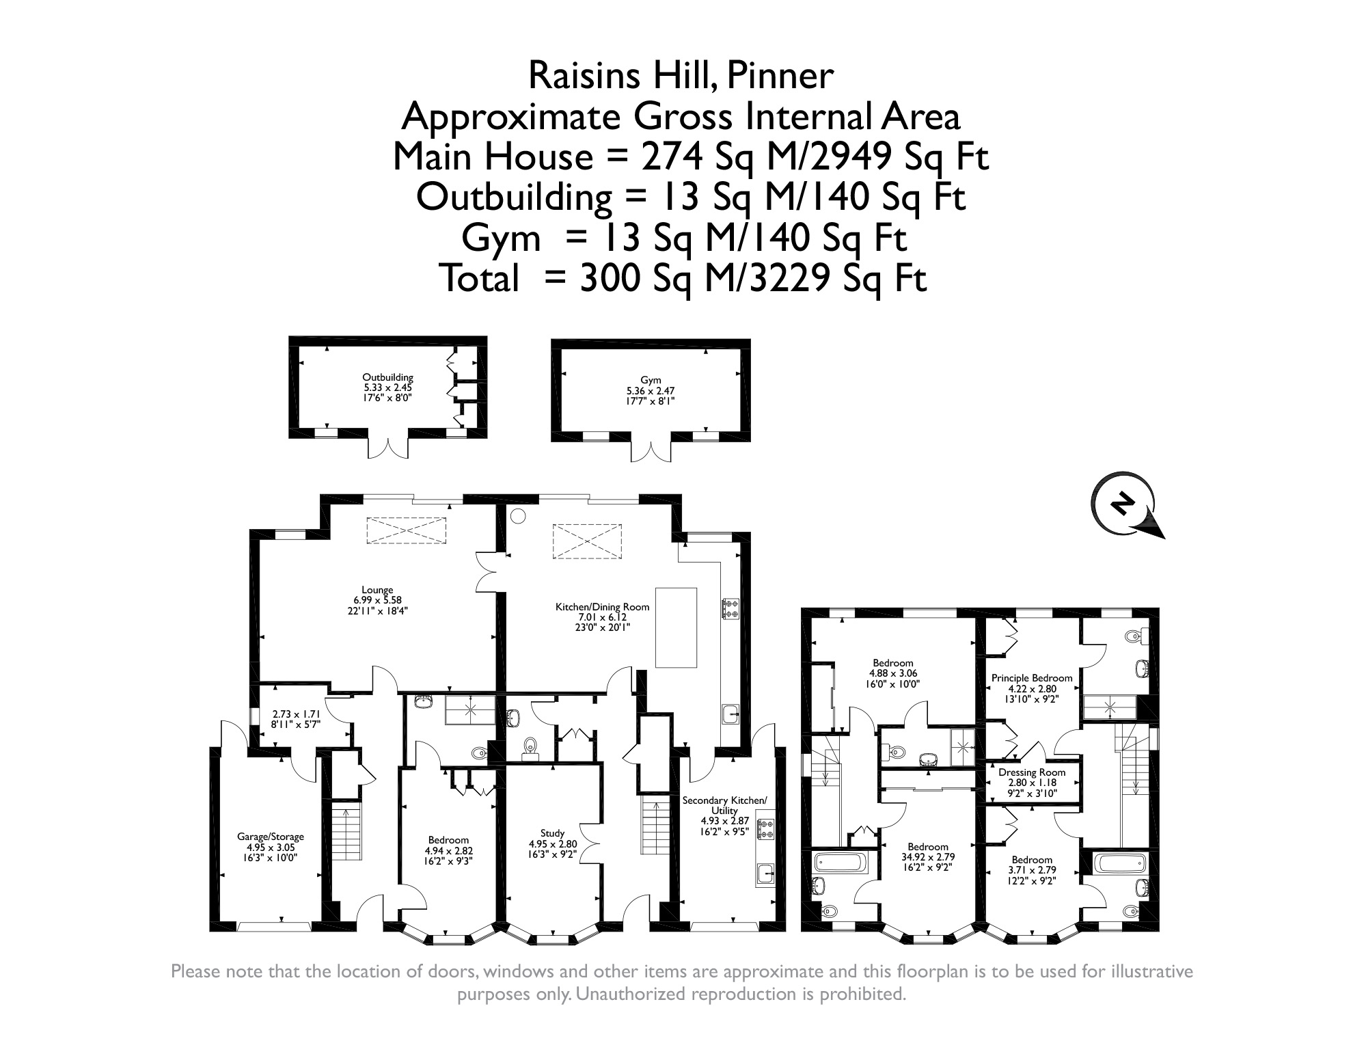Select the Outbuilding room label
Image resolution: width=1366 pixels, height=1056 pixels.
pyautogui.click(x=387, y=377)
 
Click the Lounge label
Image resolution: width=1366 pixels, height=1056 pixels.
pyautogui.click(x=377, y=591)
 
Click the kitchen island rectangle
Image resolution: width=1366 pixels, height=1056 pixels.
pyautogui.click(x=676, y=627)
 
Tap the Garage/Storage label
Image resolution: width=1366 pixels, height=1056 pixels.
pyautogui.click(x=271, y=837)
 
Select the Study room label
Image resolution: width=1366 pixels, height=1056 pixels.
pyautogui.click(x=552, y=833)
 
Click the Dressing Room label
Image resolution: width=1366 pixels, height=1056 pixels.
pyautogui.click(x=1032, y=772)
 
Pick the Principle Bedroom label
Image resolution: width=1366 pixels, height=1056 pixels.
pyautogui.click(x=1032, y=678)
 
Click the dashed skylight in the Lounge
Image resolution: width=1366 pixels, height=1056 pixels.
pyautogui.click(x=406, y=531)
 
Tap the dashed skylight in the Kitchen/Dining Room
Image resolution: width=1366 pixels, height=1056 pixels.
pyautogui.click(x=588, y=541)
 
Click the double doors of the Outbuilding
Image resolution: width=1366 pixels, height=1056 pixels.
pyautogui.click(x=388, y=446)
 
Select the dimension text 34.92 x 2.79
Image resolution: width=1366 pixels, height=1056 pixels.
pyautogui.click(x=928, y=857)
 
